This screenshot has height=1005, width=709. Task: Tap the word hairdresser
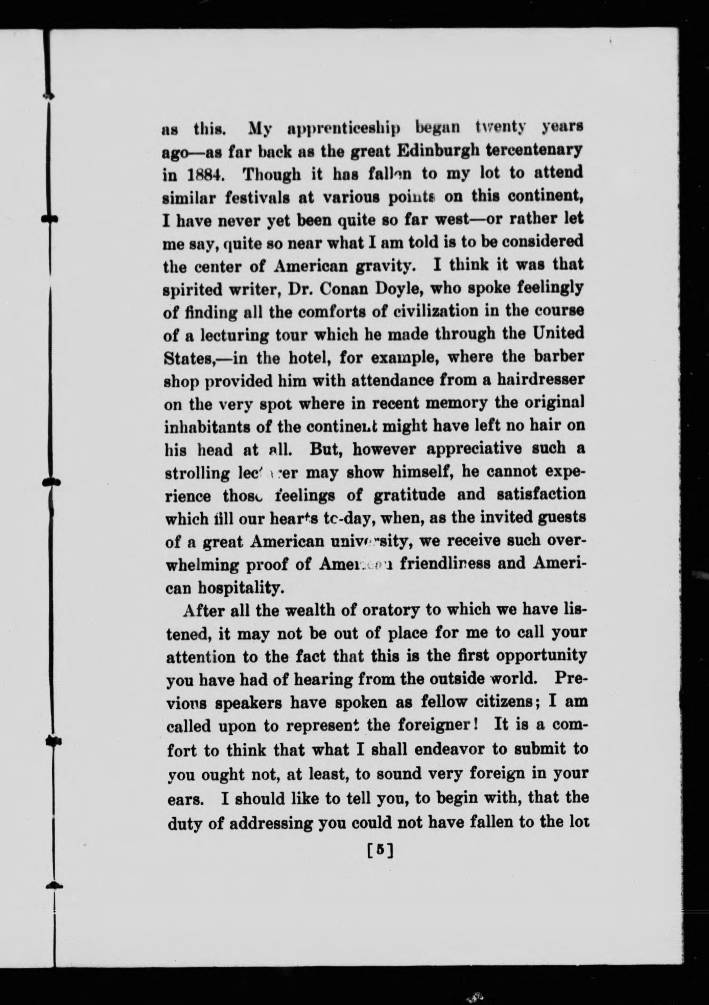tap(541, 380)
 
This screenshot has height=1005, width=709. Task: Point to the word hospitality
tap(240, 588)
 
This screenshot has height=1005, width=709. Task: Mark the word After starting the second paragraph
tap(203, 610)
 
